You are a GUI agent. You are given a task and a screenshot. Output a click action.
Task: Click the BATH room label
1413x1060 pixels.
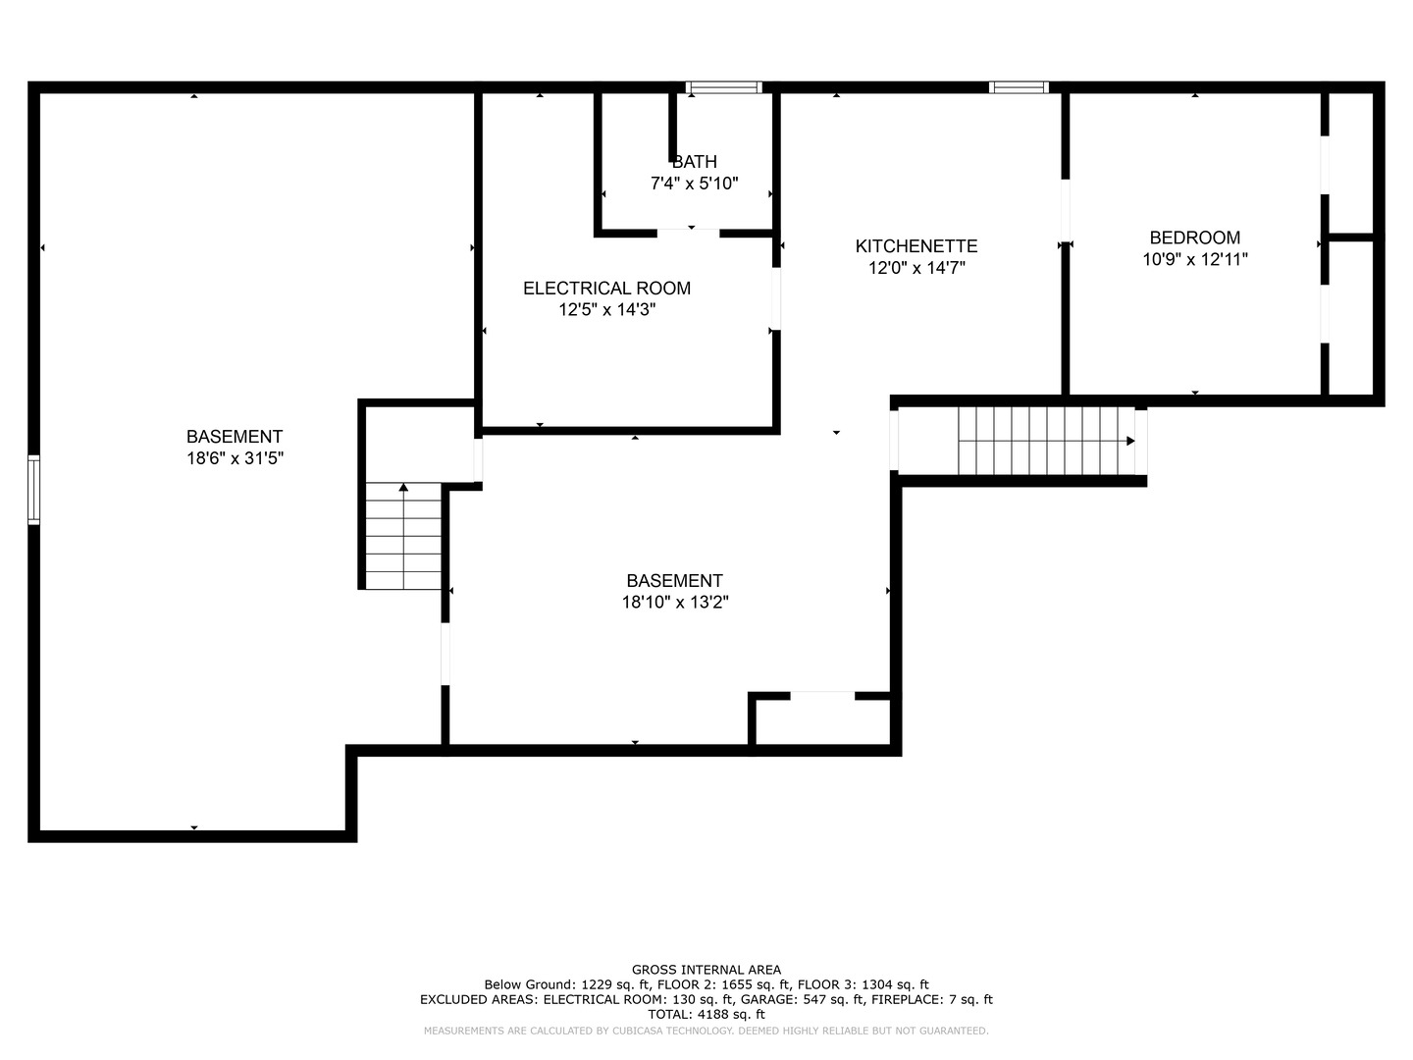pos(694,162)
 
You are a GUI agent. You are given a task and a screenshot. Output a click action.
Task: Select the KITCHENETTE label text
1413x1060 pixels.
pos(916,245)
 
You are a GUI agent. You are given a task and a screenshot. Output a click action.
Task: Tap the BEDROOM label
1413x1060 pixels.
pos(1195,238)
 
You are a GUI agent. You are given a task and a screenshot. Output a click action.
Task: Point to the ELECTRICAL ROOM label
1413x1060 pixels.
pos(606,289)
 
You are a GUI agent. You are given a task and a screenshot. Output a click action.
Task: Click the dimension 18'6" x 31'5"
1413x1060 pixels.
pos(235,458)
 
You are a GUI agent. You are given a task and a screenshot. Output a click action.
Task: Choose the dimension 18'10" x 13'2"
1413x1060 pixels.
pos(675,603)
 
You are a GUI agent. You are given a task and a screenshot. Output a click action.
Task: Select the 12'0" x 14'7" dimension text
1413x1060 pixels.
pos(916,268)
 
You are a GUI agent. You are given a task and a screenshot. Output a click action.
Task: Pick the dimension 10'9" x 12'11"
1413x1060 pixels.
pos(1195,259)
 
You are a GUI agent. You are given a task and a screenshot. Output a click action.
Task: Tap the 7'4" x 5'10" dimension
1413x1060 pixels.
pos(694,184)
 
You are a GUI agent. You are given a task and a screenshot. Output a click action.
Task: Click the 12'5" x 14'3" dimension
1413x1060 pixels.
pos(606,310)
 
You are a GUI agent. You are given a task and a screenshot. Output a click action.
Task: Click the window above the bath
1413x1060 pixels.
pos(723,87)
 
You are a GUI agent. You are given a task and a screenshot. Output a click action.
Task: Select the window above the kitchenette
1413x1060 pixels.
pos(1019,87)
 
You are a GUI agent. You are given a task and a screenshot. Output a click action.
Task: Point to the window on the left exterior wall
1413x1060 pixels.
pos(33,490)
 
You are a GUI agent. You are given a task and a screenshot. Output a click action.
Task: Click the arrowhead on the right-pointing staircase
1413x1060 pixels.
pos(1129,441)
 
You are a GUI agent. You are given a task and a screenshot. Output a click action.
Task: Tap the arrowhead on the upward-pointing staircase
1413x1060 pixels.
pos(403,487)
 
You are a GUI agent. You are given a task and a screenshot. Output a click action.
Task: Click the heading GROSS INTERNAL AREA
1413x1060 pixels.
pos(706,970)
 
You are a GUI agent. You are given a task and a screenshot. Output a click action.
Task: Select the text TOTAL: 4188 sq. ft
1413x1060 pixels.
pos(706,1014)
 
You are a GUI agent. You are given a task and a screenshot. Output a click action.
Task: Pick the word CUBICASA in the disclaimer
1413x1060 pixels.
pos(639,1031)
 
